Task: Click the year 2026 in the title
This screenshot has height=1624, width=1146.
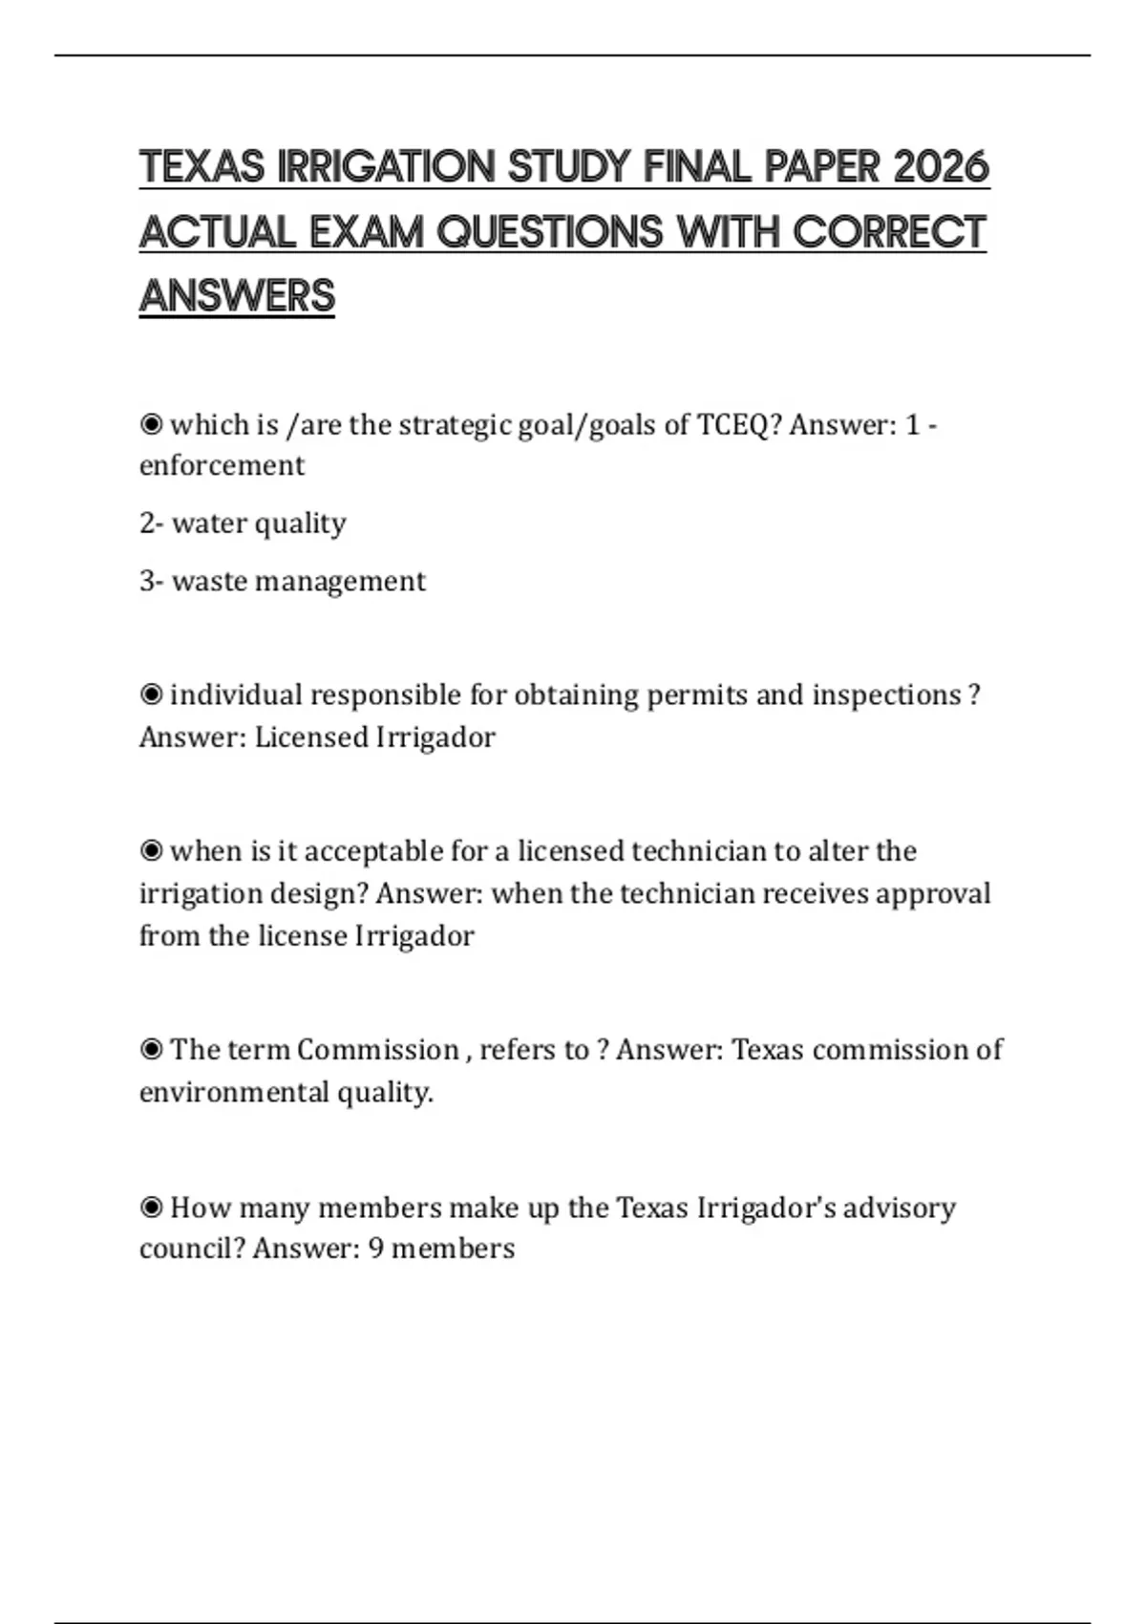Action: pos(941,167)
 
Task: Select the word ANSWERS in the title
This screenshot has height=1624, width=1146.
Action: pos(237,295)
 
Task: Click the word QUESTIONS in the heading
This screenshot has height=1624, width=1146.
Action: pos(549,232)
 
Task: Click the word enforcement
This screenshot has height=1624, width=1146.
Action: pos(222,465)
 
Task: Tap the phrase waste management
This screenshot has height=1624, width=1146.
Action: pos(298,581)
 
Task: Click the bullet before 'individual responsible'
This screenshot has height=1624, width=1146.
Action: pos(151,694)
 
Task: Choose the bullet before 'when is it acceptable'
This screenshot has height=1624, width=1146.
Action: pos(151,850)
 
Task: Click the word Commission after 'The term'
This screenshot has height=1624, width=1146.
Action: pos(378,1050)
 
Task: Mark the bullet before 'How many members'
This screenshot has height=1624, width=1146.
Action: pos(151,1207)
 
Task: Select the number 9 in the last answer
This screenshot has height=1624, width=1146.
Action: pos(375,1249)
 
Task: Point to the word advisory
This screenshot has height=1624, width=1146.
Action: pos(899,1207)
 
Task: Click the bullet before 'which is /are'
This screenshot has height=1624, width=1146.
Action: pos(151,424)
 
